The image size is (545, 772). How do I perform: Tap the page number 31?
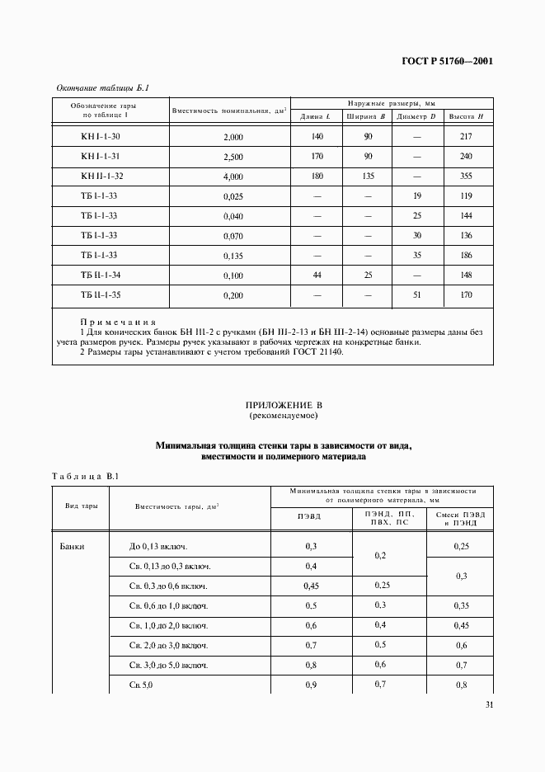coord(487,704)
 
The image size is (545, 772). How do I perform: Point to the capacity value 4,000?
coord(233,177)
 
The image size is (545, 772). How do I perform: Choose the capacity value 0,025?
coord(233,197)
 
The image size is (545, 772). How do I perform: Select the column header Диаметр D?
coord(416,116)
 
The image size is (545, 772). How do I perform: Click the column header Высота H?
coord(466,116)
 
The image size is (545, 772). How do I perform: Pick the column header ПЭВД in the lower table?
coord(309,517)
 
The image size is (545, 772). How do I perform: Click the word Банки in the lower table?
coord(73,546)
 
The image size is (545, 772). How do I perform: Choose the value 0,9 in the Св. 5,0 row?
coord(311,685)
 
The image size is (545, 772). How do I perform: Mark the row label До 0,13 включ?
coord(158,547)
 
